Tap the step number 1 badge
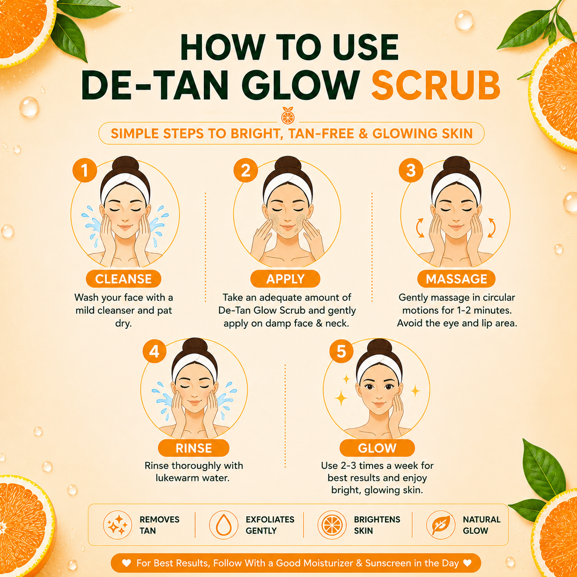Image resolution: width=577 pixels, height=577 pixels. click(x=85, y=170)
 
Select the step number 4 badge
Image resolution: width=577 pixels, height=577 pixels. click(x=154, y=351)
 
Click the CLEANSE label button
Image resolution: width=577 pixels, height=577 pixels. click(x=123, y=279)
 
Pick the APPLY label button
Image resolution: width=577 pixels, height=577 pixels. click(x=285, y=279)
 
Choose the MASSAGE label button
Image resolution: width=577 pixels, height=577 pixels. click(x=456, y=279)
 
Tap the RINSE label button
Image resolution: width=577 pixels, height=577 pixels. click(x=194, y=448)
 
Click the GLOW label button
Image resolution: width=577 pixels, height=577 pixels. click(x=377, y=448)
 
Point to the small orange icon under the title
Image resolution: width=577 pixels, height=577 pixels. click(x=288, y=115)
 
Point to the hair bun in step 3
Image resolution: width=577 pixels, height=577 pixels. click(x=456, y=165)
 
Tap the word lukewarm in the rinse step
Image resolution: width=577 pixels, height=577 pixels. click(x=174, y=478)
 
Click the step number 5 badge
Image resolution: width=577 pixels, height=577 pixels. click(x=341, y=351)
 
